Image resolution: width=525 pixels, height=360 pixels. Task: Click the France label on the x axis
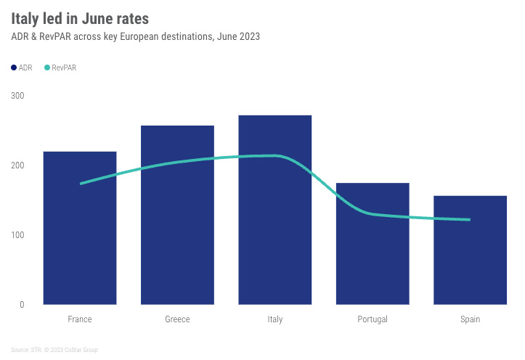80,319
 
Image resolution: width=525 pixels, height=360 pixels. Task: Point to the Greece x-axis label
177,319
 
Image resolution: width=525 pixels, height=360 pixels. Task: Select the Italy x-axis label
275,319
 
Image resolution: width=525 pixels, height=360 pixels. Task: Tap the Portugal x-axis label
373,319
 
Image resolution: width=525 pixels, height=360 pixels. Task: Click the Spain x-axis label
470,319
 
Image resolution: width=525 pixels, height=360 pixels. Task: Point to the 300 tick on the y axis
17,96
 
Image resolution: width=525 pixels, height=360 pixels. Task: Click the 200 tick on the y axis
17,165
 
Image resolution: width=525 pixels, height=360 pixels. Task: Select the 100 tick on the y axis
17,235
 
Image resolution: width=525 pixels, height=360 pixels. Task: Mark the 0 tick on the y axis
22,305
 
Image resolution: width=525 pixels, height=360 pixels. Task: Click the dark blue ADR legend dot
14,67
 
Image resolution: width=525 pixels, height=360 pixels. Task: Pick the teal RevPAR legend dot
47,67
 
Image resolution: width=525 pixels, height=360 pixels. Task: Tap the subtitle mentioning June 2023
135,36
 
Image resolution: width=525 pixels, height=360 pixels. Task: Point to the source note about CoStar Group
54,350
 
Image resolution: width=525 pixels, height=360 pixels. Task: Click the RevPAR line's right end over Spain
470,219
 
